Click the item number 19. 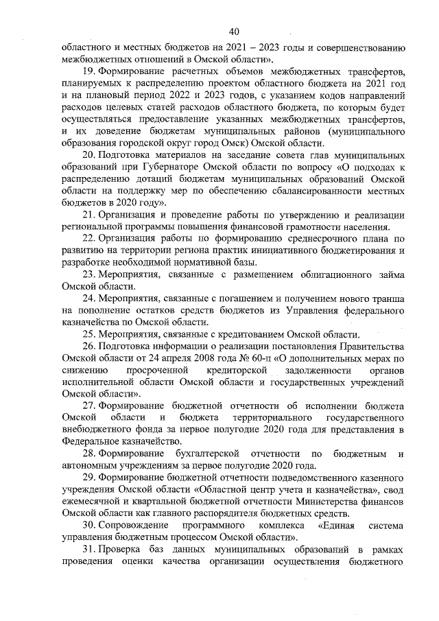click(88, 71)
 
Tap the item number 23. click(88, 274)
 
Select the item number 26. click(88, 346)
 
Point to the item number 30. click(88, 526)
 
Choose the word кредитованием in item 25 click(240, 334)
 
